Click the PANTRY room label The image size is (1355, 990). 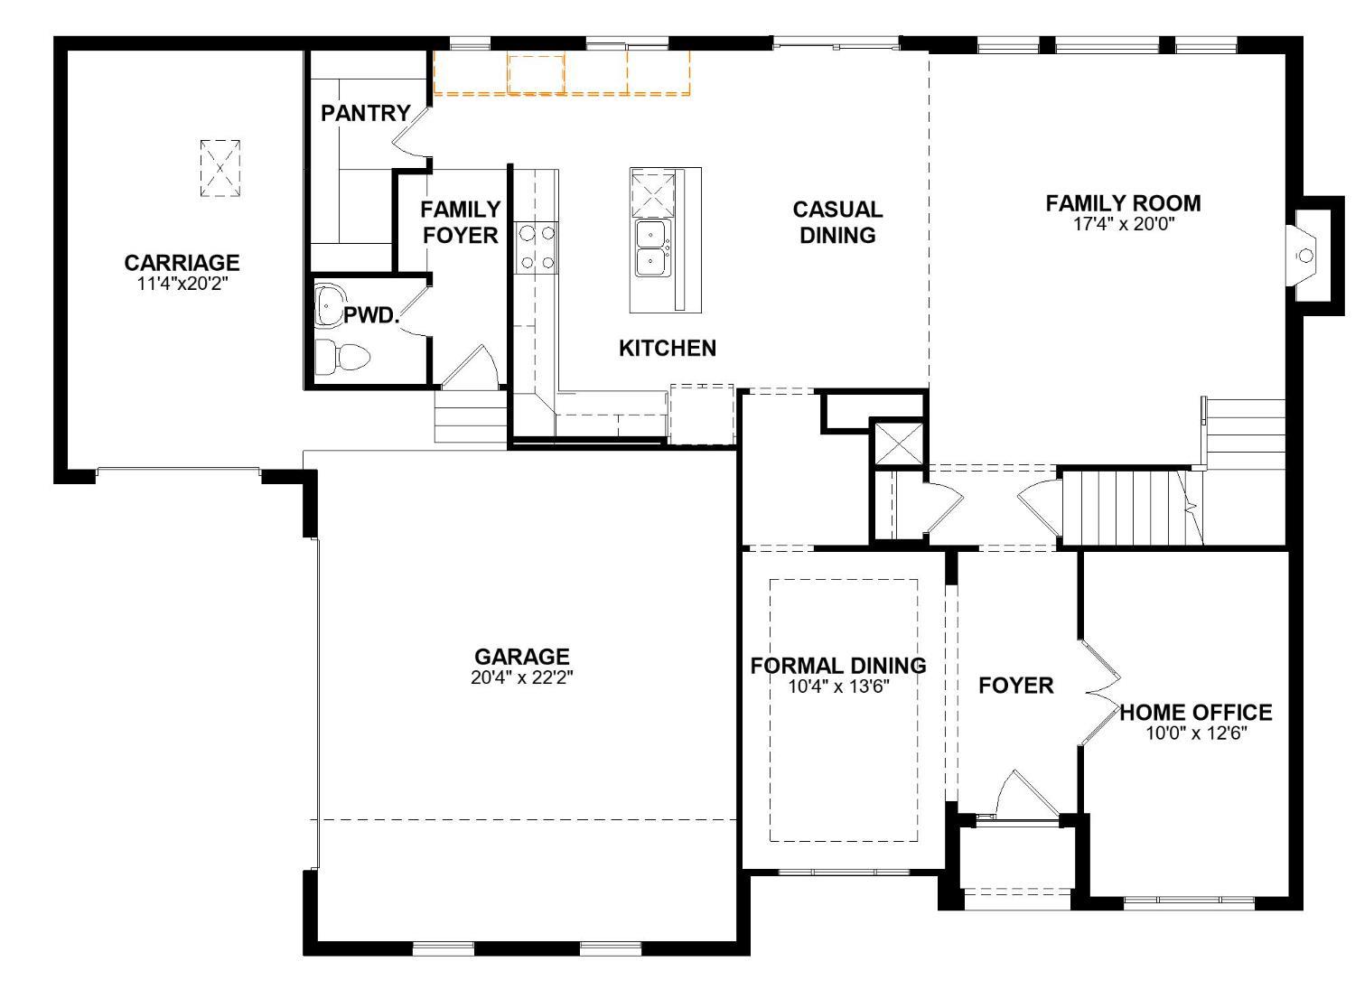365,113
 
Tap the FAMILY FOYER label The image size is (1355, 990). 460,222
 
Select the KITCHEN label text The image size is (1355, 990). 667,348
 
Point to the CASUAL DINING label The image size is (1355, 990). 836,222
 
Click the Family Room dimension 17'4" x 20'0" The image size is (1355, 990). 1123,225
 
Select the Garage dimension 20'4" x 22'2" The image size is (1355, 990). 521,677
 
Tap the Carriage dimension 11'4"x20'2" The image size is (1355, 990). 182,283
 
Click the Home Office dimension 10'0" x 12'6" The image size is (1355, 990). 1195,733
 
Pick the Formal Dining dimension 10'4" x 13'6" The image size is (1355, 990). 838,686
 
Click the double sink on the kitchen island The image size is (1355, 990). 652,248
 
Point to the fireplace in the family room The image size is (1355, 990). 1306,256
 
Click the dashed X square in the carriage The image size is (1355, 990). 220,168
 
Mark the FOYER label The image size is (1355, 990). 1015,686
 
